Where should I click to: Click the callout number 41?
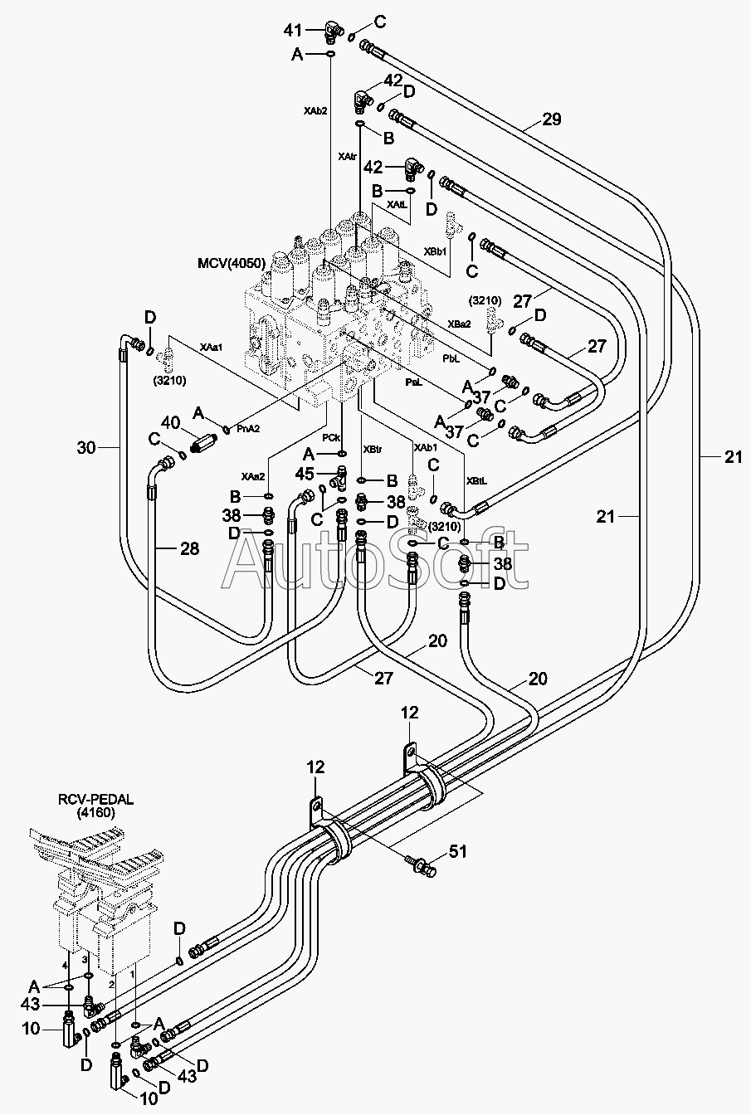click(293, 31)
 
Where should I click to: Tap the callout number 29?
click(551, 119)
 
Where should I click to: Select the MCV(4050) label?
click(232, 263)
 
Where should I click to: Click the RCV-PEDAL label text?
click(96, 800)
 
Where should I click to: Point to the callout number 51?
click(458, 852)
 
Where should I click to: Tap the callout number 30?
click(86, 448)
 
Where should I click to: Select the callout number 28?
click(189, 548)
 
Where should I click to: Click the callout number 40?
click(170, 423)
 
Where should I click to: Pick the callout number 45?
click(305, 474)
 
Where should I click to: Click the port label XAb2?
click(315, 110)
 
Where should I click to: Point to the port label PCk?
click(330, 437)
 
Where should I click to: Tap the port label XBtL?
click(476, 481)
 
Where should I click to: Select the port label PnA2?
click(247, 428)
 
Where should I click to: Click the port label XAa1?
click(211, 346)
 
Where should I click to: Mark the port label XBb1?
click(436, 251)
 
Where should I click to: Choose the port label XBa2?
click(459, 324)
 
